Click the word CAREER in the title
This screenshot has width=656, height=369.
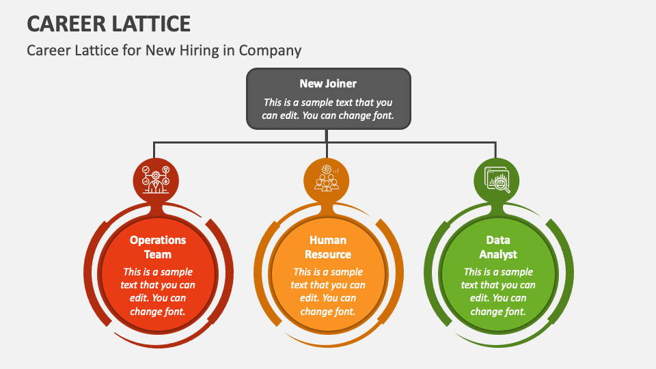click(66, 24)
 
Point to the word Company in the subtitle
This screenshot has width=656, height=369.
click(270, 51)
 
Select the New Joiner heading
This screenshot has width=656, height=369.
click(328, 83)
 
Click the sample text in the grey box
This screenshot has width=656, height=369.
click(328, 109)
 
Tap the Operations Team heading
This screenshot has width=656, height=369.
click(158, 247)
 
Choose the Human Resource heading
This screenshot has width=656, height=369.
click(327, 247)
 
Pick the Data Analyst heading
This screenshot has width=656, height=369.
click(498, 247)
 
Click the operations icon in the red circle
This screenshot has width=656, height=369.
click(156, 180)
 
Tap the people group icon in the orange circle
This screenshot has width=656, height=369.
click(327, 178)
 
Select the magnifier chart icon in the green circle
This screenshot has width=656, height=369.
click(497, 180)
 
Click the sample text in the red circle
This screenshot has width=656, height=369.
click(158, 292)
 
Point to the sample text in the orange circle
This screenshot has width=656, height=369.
click(327, 292)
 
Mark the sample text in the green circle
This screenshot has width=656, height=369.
click(498, 292)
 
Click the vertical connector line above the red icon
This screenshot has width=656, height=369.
click(154, 150)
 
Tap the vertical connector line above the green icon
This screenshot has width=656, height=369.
click(496, 150)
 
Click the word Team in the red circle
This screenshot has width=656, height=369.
click(158, 254)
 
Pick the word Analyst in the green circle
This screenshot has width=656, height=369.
click(498, 254)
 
